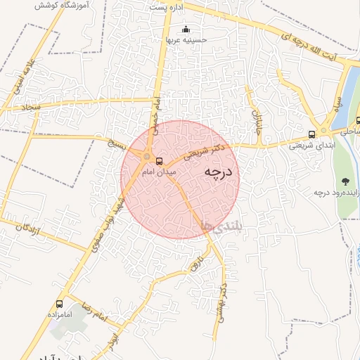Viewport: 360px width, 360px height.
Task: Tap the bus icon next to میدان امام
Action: [159, 161]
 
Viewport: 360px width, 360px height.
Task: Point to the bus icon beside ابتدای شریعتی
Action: [311, 135]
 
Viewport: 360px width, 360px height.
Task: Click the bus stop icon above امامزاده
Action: [59, 305]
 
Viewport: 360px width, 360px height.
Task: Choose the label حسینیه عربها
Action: [186, 40]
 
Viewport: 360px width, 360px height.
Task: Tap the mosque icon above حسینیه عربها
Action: [186, 30]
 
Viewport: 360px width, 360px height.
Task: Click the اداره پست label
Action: [165, 6]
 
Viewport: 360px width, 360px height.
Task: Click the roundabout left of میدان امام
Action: [147, 157]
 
